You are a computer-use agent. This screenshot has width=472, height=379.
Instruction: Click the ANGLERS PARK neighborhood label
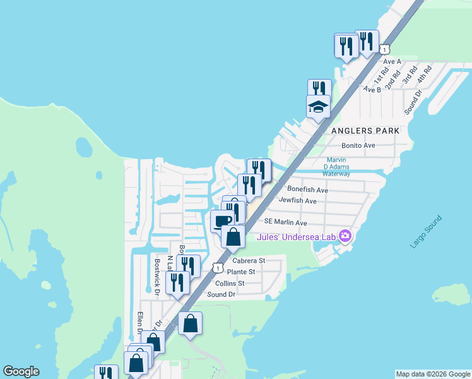[x=366, y=130]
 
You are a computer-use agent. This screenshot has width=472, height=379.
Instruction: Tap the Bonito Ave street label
[x=359, y=145]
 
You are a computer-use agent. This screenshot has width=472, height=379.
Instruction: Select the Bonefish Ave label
[x=307, y=189]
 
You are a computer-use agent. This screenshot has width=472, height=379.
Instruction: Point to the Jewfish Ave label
[x=297, y=200]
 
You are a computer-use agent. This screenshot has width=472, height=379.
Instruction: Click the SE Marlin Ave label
[x=285, y=222]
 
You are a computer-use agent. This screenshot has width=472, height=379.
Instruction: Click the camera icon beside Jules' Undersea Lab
[x=345, y=237]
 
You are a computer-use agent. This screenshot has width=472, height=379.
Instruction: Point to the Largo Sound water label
[x=426, y=232]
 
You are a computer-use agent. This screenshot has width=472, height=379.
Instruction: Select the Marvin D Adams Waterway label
[x=336, y=167]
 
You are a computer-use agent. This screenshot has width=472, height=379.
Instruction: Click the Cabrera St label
[x=249, y=260]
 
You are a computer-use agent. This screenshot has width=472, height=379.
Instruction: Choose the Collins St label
[x=230, y=284]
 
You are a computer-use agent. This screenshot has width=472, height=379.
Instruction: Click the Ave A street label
[x=392, y=61]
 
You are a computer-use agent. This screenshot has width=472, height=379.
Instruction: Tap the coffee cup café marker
[x=221, y=221]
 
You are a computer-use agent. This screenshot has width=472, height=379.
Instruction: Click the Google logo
[x=21, y=371]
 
